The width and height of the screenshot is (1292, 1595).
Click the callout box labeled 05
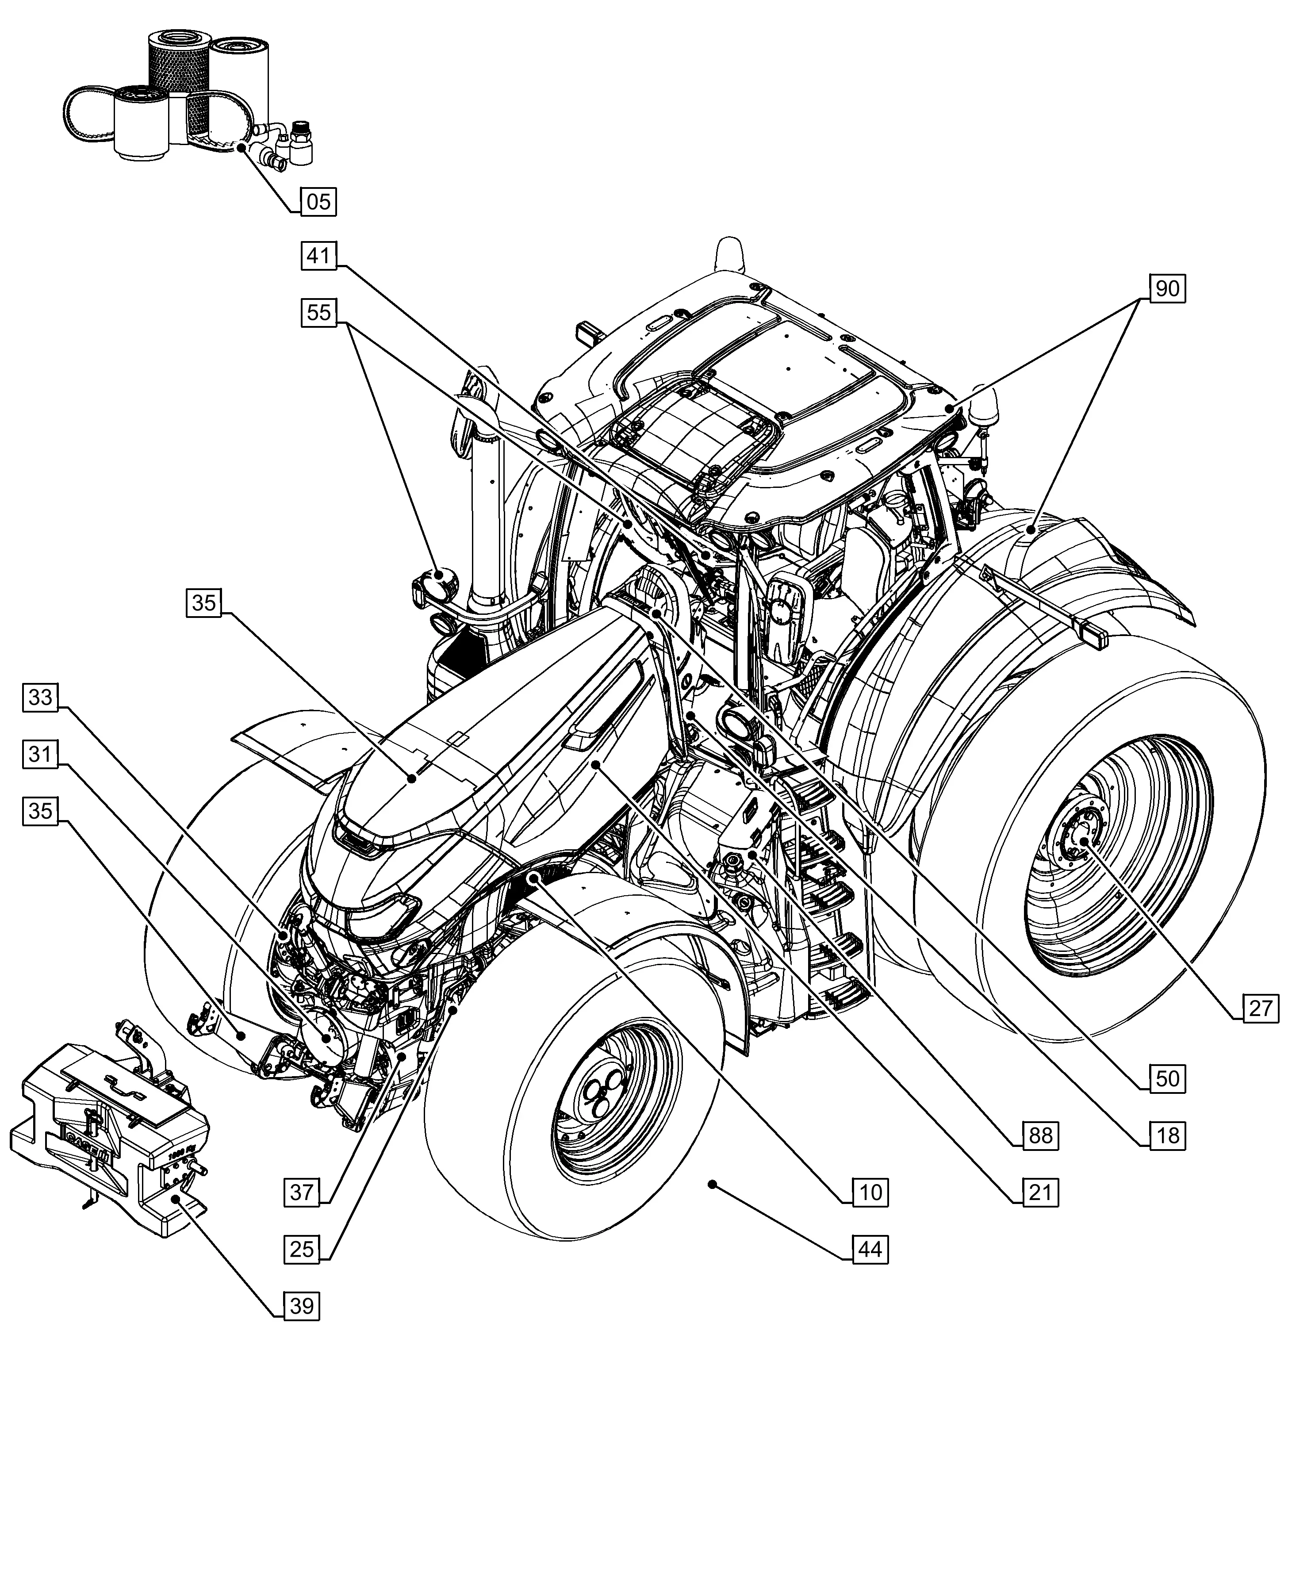click(318, 202)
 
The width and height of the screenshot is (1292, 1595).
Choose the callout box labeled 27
click(1260, 1008)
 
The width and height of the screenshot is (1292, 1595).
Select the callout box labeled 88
click(1040, 1136)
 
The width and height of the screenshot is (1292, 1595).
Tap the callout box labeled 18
click(1167, 1136)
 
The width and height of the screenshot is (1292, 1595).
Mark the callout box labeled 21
click(1040, 1192)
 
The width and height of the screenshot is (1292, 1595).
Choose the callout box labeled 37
click(301, 1192)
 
